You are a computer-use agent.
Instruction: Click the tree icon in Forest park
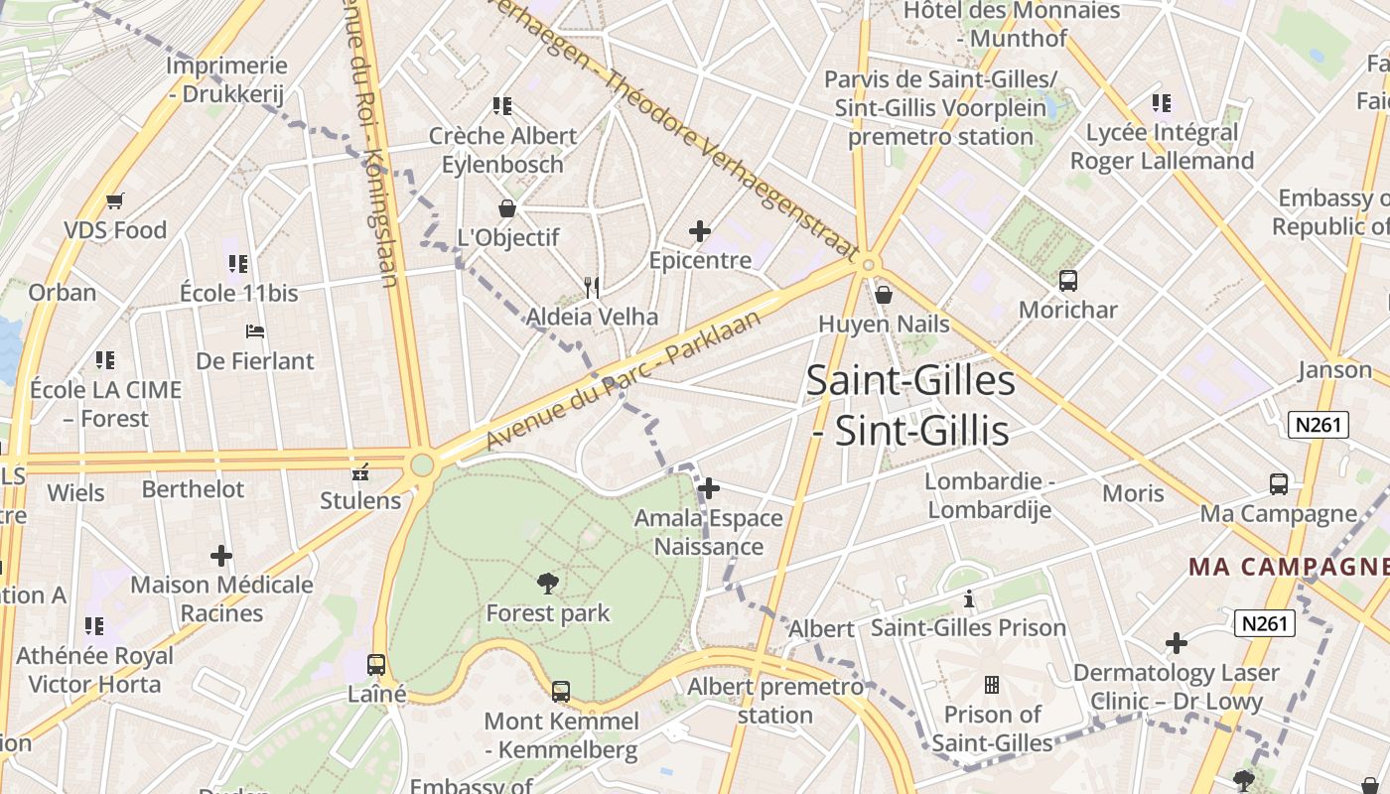pos(547,583)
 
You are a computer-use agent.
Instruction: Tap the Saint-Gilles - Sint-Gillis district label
pos(910,405)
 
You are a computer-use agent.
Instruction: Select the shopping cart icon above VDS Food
pos(115,201)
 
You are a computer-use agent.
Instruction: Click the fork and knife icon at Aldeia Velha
pos(592,288)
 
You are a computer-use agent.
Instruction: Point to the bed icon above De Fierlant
pos(255,331)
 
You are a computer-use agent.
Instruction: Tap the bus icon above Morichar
pos(1068,281)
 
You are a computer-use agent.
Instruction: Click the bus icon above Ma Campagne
pos(1279,484)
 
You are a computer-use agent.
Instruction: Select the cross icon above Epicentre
pos(700,231)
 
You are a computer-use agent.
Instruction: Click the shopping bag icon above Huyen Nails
pos(884,295)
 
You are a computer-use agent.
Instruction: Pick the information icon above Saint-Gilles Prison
pos(969,598)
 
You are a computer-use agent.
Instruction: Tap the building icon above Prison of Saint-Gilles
pos(991,685)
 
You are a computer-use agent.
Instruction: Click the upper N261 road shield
pos(1318,426)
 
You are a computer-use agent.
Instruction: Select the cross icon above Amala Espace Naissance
pos(709,488)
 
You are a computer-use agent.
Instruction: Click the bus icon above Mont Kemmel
pos(561,691)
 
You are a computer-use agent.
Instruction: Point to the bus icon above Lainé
pos(376,665)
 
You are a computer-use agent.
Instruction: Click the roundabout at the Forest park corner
pos(423,464)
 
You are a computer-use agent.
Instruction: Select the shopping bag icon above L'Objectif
pos(507,208)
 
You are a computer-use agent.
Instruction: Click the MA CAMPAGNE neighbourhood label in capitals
pos(1289,567)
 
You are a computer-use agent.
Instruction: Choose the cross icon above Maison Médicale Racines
pos(221,556)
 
